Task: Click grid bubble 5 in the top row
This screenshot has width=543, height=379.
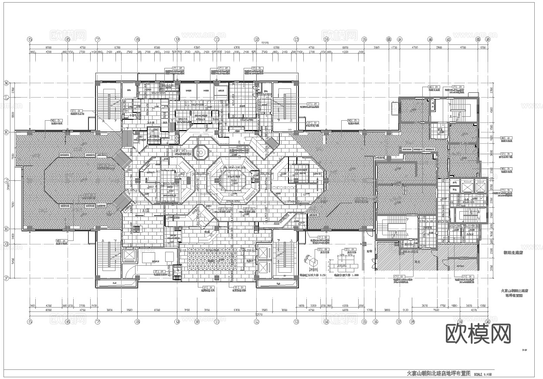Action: coord(30,39)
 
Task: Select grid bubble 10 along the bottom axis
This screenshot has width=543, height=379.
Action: coord(197,322)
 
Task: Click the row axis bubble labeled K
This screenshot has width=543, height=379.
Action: coord(7,131)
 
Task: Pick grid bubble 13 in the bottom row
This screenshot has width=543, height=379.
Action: coord(296,322)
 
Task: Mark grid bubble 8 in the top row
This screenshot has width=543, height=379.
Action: coord(137,39)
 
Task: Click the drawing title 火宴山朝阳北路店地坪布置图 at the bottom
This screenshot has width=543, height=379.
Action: coord(438,374)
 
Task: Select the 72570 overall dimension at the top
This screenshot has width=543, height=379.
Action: coord(265,43)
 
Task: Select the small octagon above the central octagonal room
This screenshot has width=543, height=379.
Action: coord(201,152)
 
